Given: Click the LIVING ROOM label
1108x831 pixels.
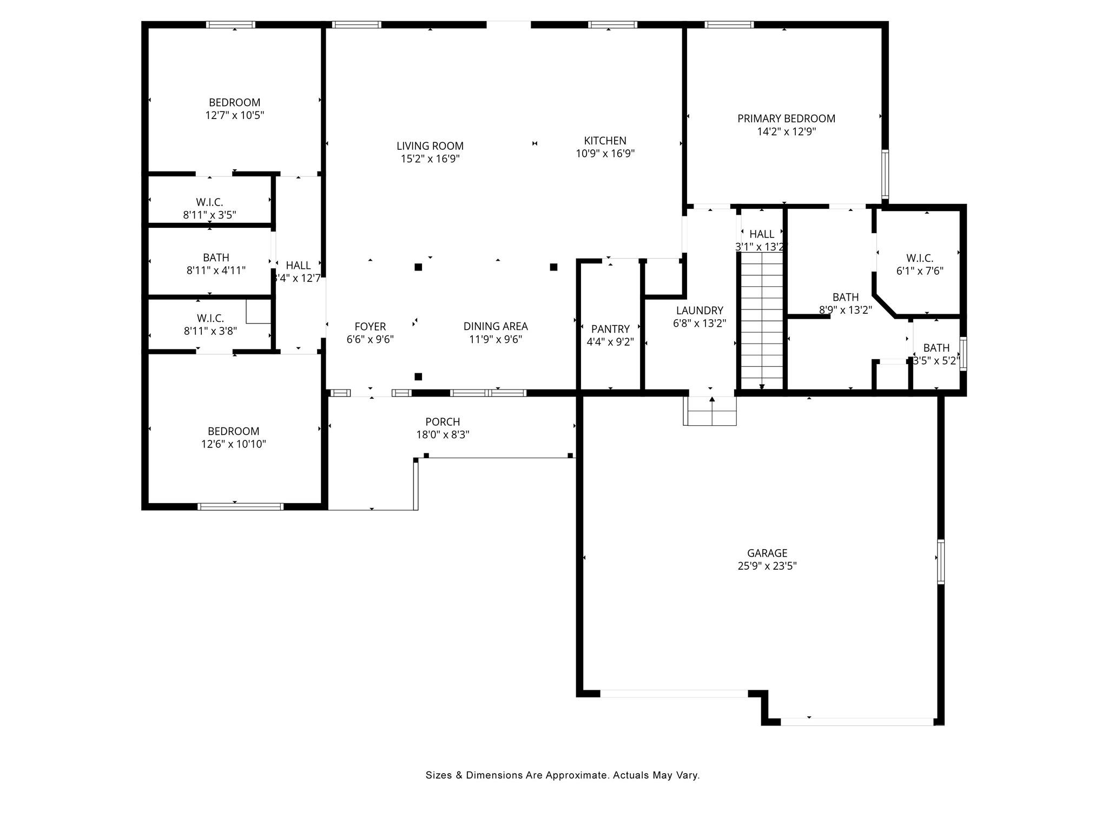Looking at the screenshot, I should click(x=430, y=146).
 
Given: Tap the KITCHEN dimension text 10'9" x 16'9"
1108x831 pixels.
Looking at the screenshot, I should click(x=605, y=154).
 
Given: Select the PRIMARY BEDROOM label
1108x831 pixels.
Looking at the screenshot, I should click(x=786, y=118).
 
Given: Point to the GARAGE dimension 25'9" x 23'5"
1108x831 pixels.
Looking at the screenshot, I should click(x=767, y=566).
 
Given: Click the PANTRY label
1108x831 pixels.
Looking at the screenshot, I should click(x=610, y=329).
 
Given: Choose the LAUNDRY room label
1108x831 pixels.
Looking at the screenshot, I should click(x=700, y=311).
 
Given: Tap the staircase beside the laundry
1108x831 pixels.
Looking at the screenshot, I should click(x=762, y=322).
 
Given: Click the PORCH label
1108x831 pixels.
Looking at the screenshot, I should click(x=443, y=421).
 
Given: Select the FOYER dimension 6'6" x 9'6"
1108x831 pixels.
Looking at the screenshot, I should click(x=370, y=339).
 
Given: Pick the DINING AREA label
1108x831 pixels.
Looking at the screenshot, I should click(x=496, y=326).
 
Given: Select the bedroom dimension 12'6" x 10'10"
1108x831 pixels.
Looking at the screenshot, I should click(x=233, y=444).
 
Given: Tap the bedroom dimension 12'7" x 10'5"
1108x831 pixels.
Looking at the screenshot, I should click(x=234, y=115).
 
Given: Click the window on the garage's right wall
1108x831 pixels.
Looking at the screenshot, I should click(x=941, y=562).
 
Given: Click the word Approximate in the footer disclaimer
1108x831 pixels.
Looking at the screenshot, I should click(x=577, y=775).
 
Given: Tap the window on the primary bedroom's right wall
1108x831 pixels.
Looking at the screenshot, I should click(x=885, y=174).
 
